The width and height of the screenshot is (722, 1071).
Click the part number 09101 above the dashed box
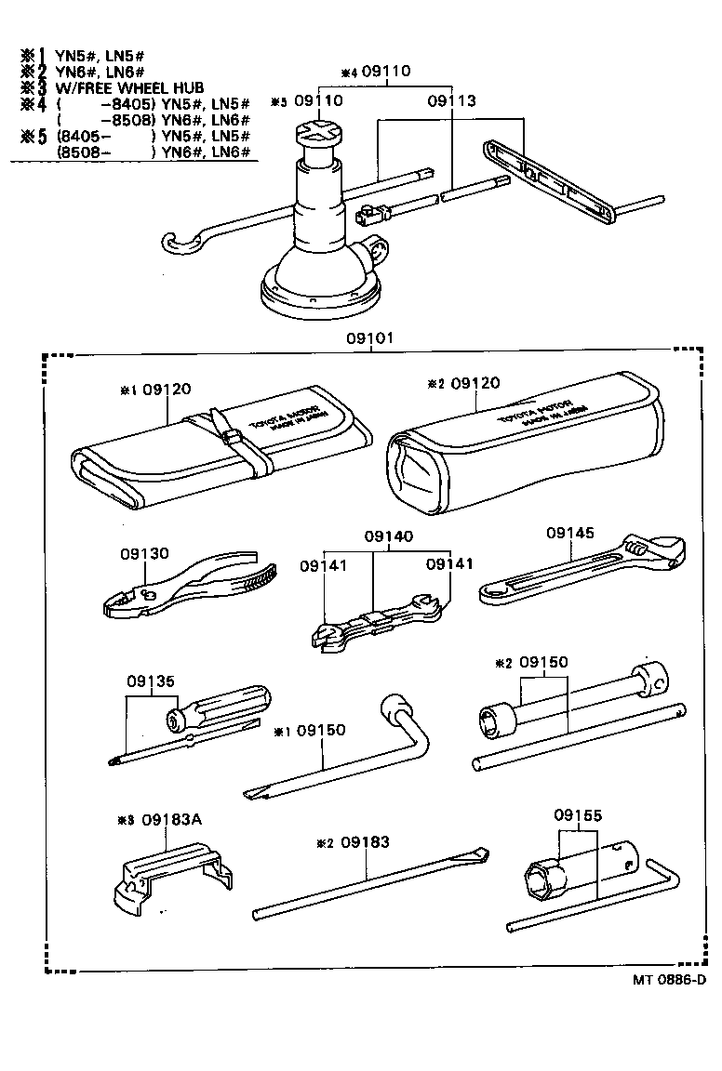pyautogui.click(x=369, y=338)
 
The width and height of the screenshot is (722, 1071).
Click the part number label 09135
pyautogui.click(x=150, y=679)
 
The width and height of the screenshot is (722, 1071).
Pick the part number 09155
pyautogui.click(x=578, y=815)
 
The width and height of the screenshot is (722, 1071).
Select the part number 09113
pyautogui.click(x=451, y=100)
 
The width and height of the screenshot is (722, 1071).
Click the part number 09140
pyautogui.click(x=388, y=537)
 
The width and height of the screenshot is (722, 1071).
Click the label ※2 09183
pyautogui.click(x=354, y=843)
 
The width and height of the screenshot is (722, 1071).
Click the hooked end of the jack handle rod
pyautogui.click(x=178, y=244)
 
